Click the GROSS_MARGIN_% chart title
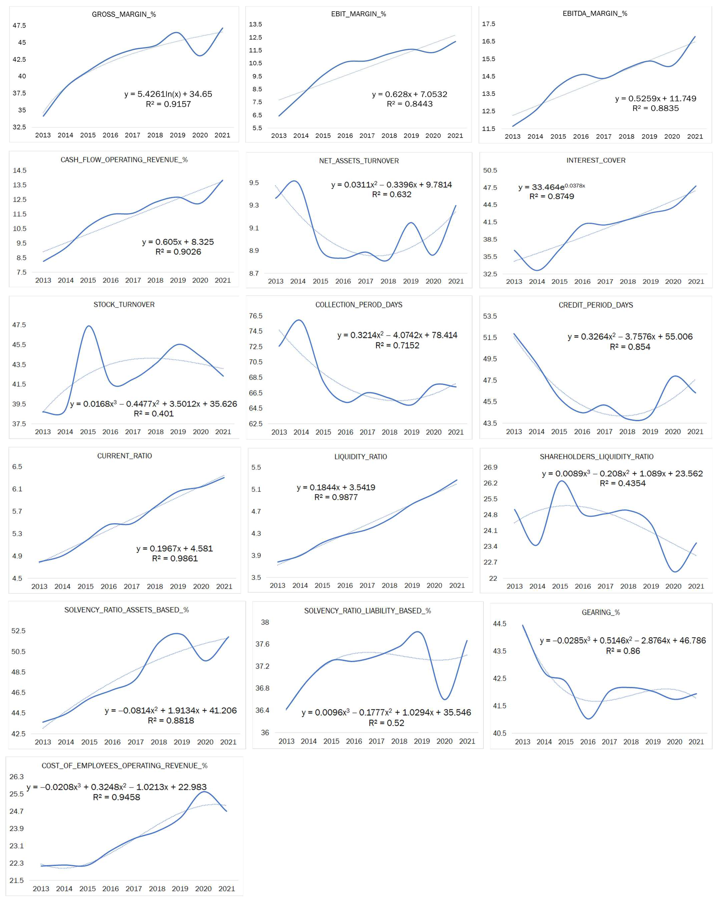point(124,14)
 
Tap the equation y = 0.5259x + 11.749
point(655,99)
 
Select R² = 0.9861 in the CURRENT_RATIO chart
point(175,558)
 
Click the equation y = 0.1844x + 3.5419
point(336,487)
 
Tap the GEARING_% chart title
point(601,612)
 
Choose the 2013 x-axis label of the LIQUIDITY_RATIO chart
point(277,586)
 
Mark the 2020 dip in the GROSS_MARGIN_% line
point(200,56)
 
